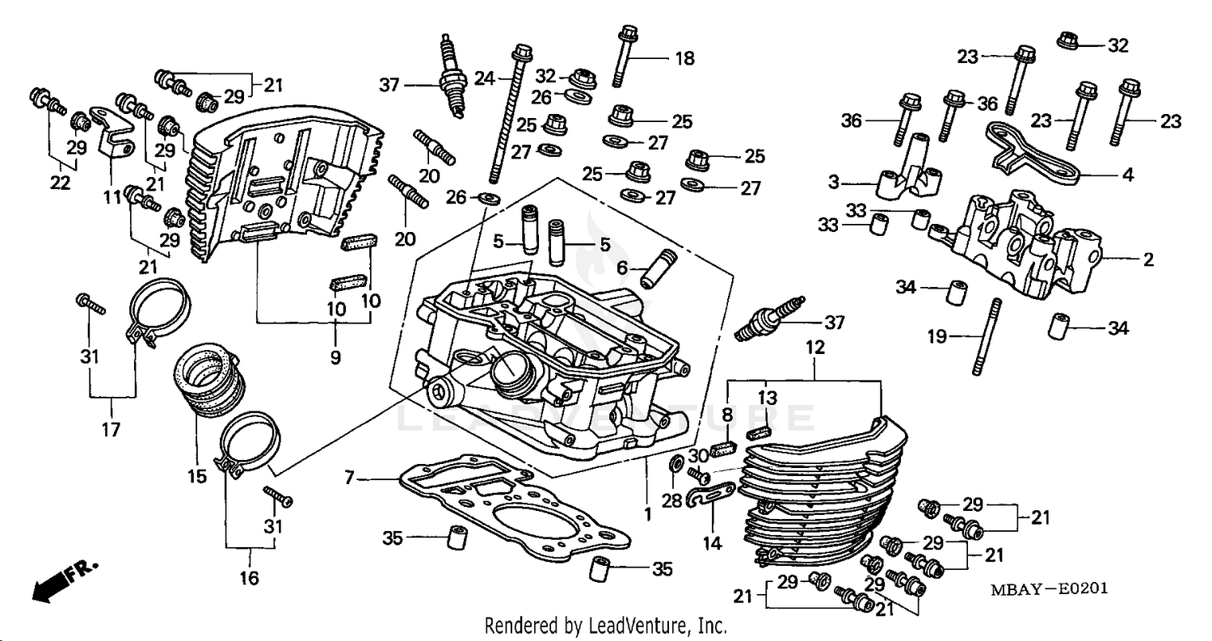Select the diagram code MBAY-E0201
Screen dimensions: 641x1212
pos(1049,589)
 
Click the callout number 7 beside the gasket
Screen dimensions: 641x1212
pos(348,479)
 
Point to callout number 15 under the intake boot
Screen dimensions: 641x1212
pos(197,477)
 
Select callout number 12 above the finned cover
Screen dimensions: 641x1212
pos(815,348)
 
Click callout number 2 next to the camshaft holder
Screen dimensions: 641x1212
pos(1148,259)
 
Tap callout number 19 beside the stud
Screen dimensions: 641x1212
pos(936,336)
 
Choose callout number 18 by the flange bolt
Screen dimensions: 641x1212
pos(684,58)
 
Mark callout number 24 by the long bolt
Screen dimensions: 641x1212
pos(484,78)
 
